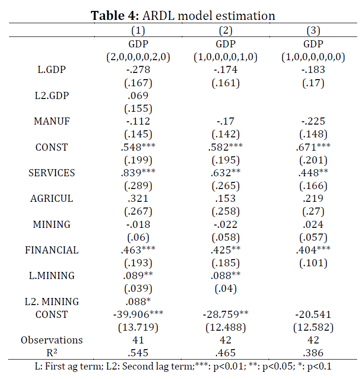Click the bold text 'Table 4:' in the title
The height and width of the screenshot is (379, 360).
point(115,16)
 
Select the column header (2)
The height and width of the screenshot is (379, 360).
point(225,31)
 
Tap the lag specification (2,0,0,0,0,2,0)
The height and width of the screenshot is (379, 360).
point(138,57)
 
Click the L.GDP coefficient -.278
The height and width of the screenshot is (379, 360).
point(138,70)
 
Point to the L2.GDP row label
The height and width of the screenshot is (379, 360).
point(52,96)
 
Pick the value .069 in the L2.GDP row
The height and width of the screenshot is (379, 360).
point(138,96)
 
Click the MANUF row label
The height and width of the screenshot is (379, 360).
point(52,121)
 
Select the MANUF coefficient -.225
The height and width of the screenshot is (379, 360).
point(313,121)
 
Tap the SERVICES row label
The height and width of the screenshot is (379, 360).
point(52,173)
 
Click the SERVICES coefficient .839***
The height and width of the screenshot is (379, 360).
point(138,172)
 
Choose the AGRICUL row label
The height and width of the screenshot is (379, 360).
point(52,199)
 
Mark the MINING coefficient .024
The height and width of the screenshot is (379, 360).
point(313,225)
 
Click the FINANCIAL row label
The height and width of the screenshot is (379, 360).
point(52,250)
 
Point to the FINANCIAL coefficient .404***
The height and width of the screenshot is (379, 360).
point(313,250)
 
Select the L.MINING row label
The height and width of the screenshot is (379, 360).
point(52,276)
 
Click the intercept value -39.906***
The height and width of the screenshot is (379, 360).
point(138,314)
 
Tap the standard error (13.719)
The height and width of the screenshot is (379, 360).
point(138,327)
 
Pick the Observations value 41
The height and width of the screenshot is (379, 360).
point(138,340)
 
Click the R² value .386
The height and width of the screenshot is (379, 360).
point(313,353)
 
